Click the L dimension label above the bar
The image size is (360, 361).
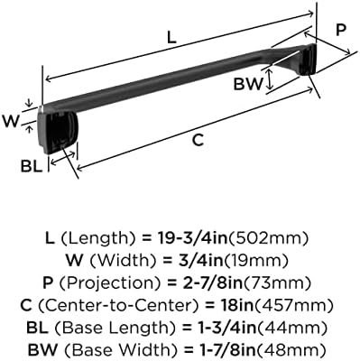click(171, 38)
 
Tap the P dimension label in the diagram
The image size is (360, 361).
click(341, 30)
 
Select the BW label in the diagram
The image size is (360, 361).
click(248, 84)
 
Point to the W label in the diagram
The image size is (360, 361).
click(11, 121)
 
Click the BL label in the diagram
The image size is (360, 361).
click(32, 166)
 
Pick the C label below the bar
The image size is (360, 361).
click(198, 140)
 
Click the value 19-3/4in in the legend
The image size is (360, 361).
click(193, 238)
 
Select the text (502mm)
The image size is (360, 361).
click(269, 238)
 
